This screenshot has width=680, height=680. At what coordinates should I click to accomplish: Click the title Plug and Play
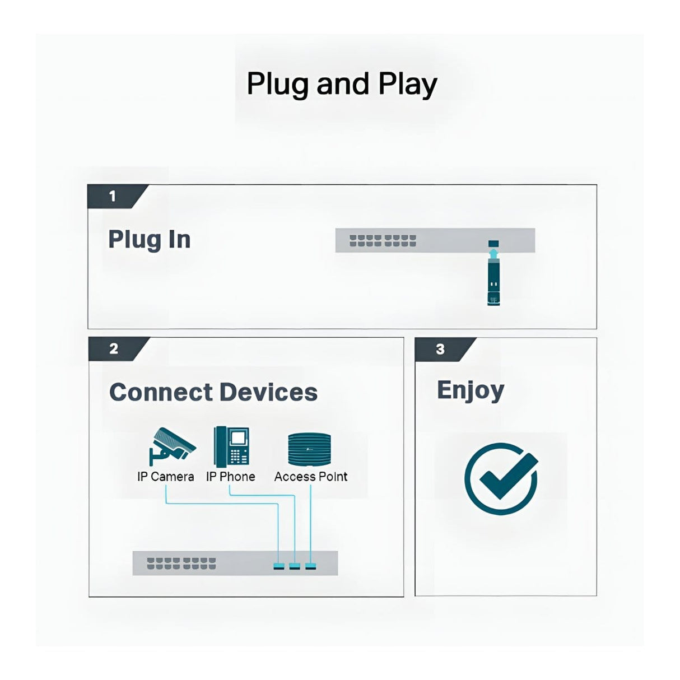click(x=342, y=85)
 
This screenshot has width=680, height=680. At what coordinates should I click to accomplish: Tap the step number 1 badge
click(x=117, y=196)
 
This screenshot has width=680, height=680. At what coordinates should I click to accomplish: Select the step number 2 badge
click(x=118, y=348)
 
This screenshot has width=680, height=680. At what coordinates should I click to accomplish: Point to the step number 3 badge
click(x=445, y=350)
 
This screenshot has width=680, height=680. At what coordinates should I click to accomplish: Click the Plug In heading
click(x=149, y=240)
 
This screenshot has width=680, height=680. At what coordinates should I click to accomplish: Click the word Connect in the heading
click(x=161, y=392)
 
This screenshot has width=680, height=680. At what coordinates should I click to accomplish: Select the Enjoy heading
click(x=471, y=391)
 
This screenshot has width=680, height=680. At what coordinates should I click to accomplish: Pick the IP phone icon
click(x=232, y=445)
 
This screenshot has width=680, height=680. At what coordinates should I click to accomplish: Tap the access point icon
click(x=310, y=449)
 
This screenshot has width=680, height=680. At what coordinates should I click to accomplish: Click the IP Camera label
click(x=165, y=477)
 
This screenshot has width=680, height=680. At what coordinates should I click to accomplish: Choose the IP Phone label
click(x=230, y=476)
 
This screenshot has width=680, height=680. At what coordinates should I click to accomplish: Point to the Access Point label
click(x=311, y=476)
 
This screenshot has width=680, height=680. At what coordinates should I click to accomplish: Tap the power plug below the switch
click(x=493, y=282)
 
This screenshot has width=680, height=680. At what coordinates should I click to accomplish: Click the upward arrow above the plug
click(x=493, y=253)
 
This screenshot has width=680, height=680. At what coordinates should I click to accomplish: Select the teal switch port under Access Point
click(x=310, y=567)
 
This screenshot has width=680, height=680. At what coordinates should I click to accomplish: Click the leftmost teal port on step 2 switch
click(x=279, y=567)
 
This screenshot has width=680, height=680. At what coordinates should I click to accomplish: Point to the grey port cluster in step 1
click(x=383, y=241)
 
